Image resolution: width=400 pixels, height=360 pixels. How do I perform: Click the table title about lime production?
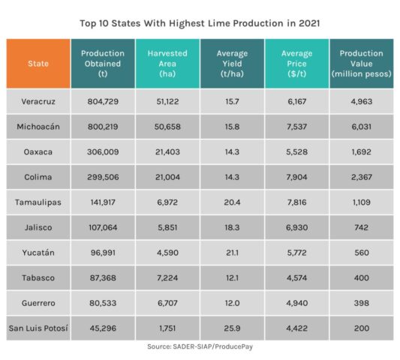pyautogui.click(x=200, y=23)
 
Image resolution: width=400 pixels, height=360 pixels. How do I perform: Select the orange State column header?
pyautogui.click(x=40, y=64)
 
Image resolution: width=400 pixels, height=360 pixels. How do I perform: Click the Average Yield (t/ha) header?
pyautogui.click(x=231, y=64)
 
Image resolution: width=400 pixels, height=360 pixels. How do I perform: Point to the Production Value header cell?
pyautogui.click(x=361, y=64)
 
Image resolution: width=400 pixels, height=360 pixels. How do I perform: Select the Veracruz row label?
pyautogui.click(x=40, y=101)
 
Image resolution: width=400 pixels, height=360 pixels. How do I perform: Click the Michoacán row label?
pyautogui.click(x=40, y=127)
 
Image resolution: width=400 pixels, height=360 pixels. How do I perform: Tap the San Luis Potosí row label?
pyautogui.click(x=40, y=328)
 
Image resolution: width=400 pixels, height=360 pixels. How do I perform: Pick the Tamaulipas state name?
pyautogui.click(x=40, y=202)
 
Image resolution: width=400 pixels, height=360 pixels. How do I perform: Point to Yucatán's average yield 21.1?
pyautogui.click(x=231, y=253)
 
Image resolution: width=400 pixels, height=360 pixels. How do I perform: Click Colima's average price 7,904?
pyautogui.click(x=296, y=177)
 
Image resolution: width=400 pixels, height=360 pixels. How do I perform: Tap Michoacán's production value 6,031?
pyautogui.click(x=361, y=127)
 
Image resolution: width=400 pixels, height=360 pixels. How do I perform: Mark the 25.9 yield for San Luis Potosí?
pyautogui.click(x=231, y=328)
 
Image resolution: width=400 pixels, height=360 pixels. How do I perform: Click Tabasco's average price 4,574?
pyautogui.click(x=296, y=278)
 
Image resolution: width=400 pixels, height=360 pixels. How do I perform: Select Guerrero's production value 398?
pyautogui.click(x=361, y=303)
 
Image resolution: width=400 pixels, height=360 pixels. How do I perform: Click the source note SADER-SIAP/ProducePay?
pyautogui.click(x=200, y=347)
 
